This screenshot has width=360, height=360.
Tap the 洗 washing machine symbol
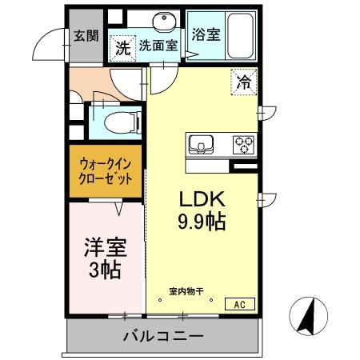[122, 48]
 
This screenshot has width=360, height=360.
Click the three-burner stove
[243, 145]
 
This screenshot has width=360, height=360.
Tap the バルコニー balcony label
[163, 336]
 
